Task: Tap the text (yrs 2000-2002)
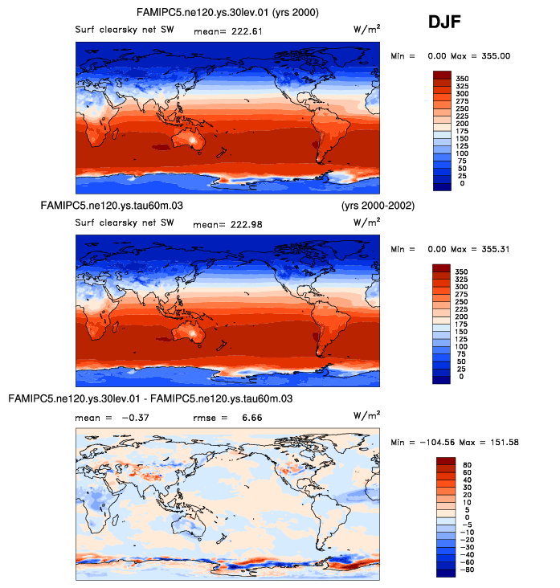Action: pyautogui.click(x=378, y=206)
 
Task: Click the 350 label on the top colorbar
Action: pyautogui.click(x=463, y=78)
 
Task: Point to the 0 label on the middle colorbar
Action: pyautogui.click(x=460, y=377)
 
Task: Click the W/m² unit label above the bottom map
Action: pyautogui.click(x=367, y=415)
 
